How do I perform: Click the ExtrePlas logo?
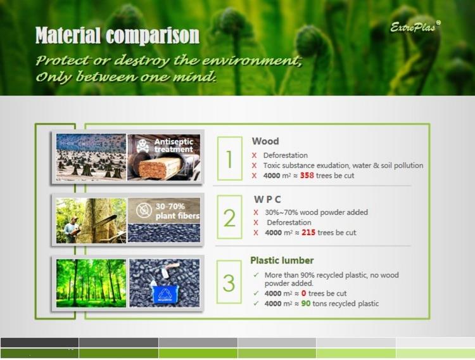(x=415, y=27)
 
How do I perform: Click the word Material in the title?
(x=68, y=35)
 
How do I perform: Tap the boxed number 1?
(x=229, y=158)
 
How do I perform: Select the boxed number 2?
(x=229, y=217)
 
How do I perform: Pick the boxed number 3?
(x=229, y=282)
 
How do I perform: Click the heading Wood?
(x=265, y=141)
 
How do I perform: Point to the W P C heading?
(x=267, y=199)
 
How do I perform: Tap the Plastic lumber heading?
(x=282, y=260)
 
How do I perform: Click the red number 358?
(x=307, y=176)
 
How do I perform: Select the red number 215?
(x=308, y=233)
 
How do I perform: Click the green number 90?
(x=306, y=304)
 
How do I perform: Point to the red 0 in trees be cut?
(x=303, y=293)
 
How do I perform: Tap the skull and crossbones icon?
(x=142, y=146)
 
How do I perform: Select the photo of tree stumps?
(x=91, y=157)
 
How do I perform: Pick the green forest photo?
(x=91, y=283)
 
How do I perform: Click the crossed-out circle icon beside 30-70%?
(x=144, y=210)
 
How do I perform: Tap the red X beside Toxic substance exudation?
(x=254, y=165)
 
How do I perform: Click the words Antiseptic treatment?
(x=174, y=145)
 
